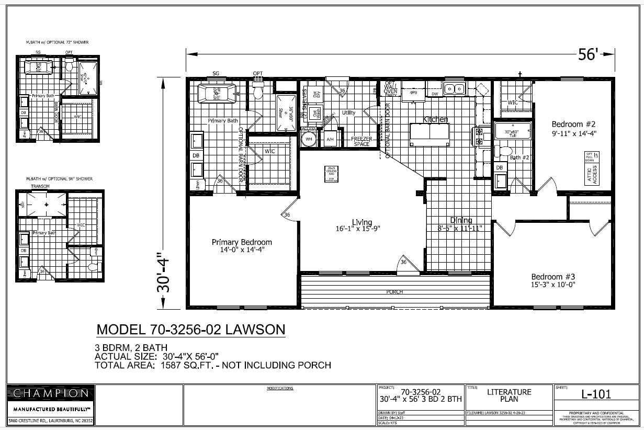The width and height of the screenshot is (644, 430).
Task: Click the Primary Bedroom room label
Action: (x=242, y=242)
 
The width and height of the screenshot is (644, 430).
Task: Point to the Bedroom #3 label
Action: (x=553, y=277)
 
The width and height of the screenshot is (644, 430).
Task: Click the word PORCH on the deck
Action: (x=394, y=292)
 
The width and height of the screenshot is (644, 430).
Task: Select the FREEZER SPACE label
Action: (x=361, y=141)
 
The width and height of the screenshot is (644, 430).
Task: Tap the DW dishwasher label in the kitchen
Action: (x=435, y=94)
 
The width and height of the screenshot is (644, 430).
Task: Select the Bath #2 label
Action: (x=519, y=157)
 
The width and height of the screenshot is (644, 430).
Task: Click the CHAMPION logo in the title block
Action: (x=51, y=393)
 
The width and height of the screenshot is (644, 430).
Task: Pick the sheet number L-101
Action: (x=596, y=395)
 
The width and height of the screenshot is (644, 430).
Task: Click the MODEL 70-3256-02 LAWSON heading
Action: (x=191, y=330)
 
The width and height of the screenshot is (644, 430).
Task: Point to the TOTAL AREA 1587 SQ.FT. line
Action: (x=212, y=365)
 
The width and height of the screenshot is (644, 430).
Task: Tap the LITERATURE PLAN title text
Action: (x=509, y=395)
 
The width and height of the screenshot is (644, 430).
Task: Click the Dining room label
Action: (x=461, y=220)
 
